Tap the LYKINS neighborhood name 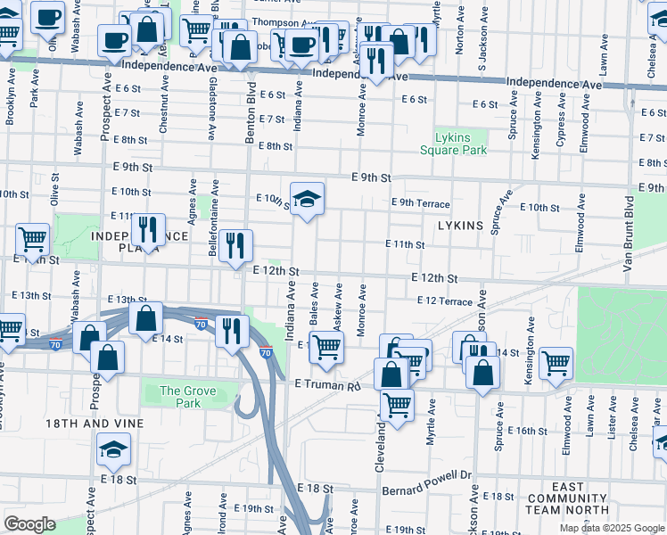(460, 226)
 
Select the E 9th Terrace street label (421, 203)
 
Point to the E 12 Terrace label (444, 301)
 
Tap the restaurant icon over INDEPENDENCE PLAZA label (148, 229)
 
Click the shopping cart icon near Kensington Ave (556, 362)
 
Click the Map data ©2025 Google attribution (611, 528)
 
